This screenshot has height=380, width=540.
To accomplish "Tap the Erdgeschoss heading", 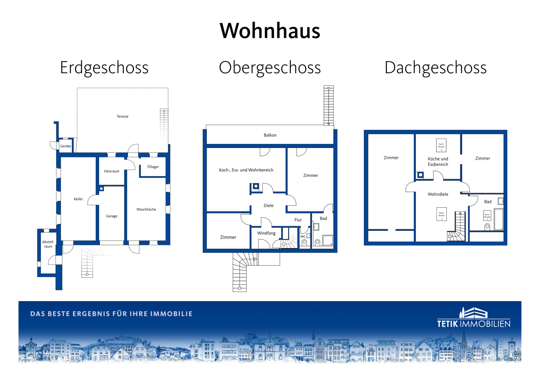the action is tap(104, 68).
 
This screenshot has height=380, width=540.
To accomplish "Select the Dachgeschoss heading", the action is tap(435, 68).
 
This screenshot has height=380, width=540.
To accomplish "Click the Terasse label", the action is tap(123, 116).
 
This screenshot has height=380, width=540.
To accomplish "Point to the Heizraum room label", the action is tap(112, 171).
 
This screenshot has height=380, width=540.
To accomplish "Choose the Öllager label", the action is tap(153, 167).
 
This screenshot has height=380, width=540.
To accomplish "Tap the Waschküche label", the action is tap(146, 209).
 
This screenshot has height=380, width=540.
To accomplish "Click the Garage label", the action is tap(112, 216).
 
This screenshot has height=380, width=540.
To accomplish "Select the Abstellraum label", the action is tap(48, 244).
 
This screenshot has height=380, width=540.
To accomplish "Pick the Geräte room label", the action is tap(66, 146).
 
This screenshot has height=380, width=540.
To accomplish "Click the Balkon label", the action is tap(270, 135).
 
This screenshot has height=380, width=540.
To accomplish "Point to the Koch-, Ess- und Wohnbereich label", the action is tap(246, 170).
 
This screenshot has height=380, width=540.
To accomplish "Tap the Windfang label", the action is tap(266, 233).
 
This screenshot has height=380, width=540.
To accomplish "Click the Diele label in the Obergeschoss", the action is tap(269, 206).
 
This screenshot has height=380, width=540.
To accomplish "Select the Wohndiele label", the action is tap(438, 194).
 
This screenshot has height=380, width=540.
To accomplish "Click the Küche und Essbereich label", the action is tap(438, 161).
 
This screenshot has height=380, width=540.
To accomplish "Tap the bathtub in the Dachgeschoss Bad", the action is tap(499, 219).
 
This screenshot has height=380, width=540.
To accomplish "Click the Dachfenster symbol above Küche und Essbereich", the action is tap(441, 145).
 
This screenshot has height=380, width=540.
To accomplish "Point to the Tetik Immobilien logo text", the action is tap(474, 324).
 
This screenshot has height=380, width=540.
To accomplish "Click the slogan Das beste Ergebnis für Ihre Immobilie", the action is tap(111, 314).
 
